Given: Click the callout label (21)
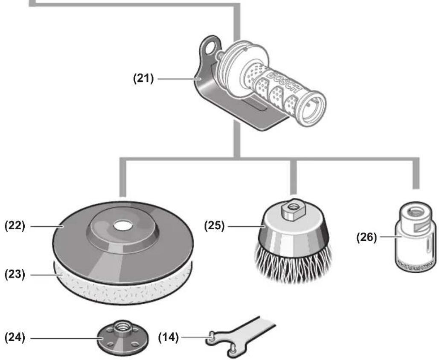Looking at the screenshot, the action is pos(143,79).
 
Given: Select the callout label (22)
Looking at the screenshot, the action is pos(15,226).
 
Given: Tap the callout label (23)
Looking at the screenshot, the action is pos(15,275).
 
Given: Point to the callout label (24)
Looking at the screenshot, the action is pos(15,338).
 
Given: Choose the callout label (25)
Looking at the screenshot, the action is pos(215,226).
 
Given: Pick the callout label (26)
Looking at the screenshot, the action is pos(367,237).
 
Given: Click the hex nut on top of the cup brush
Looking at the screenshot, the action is pos(293,209).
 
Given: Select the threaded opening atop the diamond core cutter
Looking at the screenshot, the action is pos(416,211).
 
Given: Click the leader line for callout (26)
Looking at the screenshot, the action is pos(390,237).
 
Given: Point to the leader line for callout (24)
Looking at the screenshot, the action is pos(66,338).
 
